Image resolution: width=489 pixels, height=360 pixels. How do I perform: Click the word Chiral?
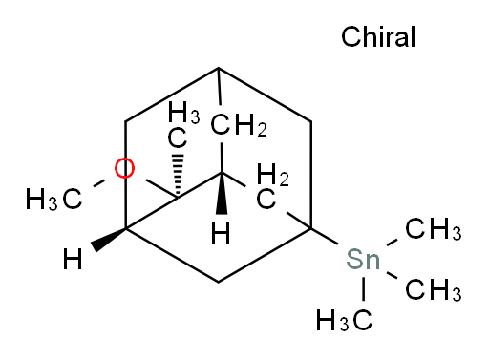(378, 38)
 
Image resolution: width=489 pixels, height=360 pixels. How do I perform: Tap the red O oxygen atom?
(123, 170)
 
